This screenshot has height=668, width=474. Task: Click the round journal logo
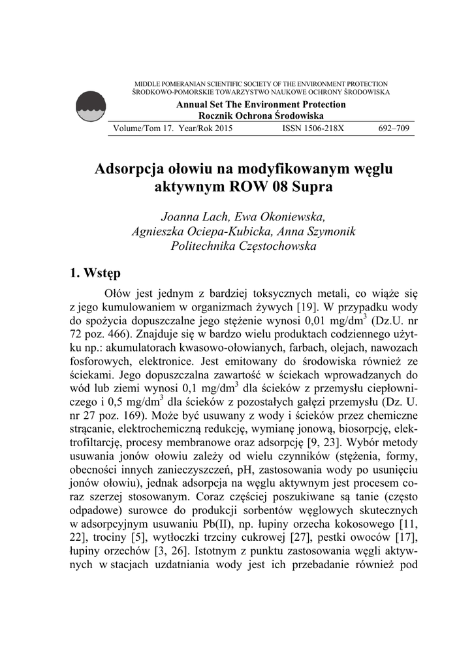click(90, 107)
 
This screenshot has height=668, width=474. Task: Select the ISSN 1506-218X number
click(313, 129)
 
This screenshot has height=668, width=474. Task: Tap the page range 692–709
click(394, 129)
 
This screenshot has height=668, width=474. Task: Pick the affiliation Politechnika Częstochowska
click(243, 247)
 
